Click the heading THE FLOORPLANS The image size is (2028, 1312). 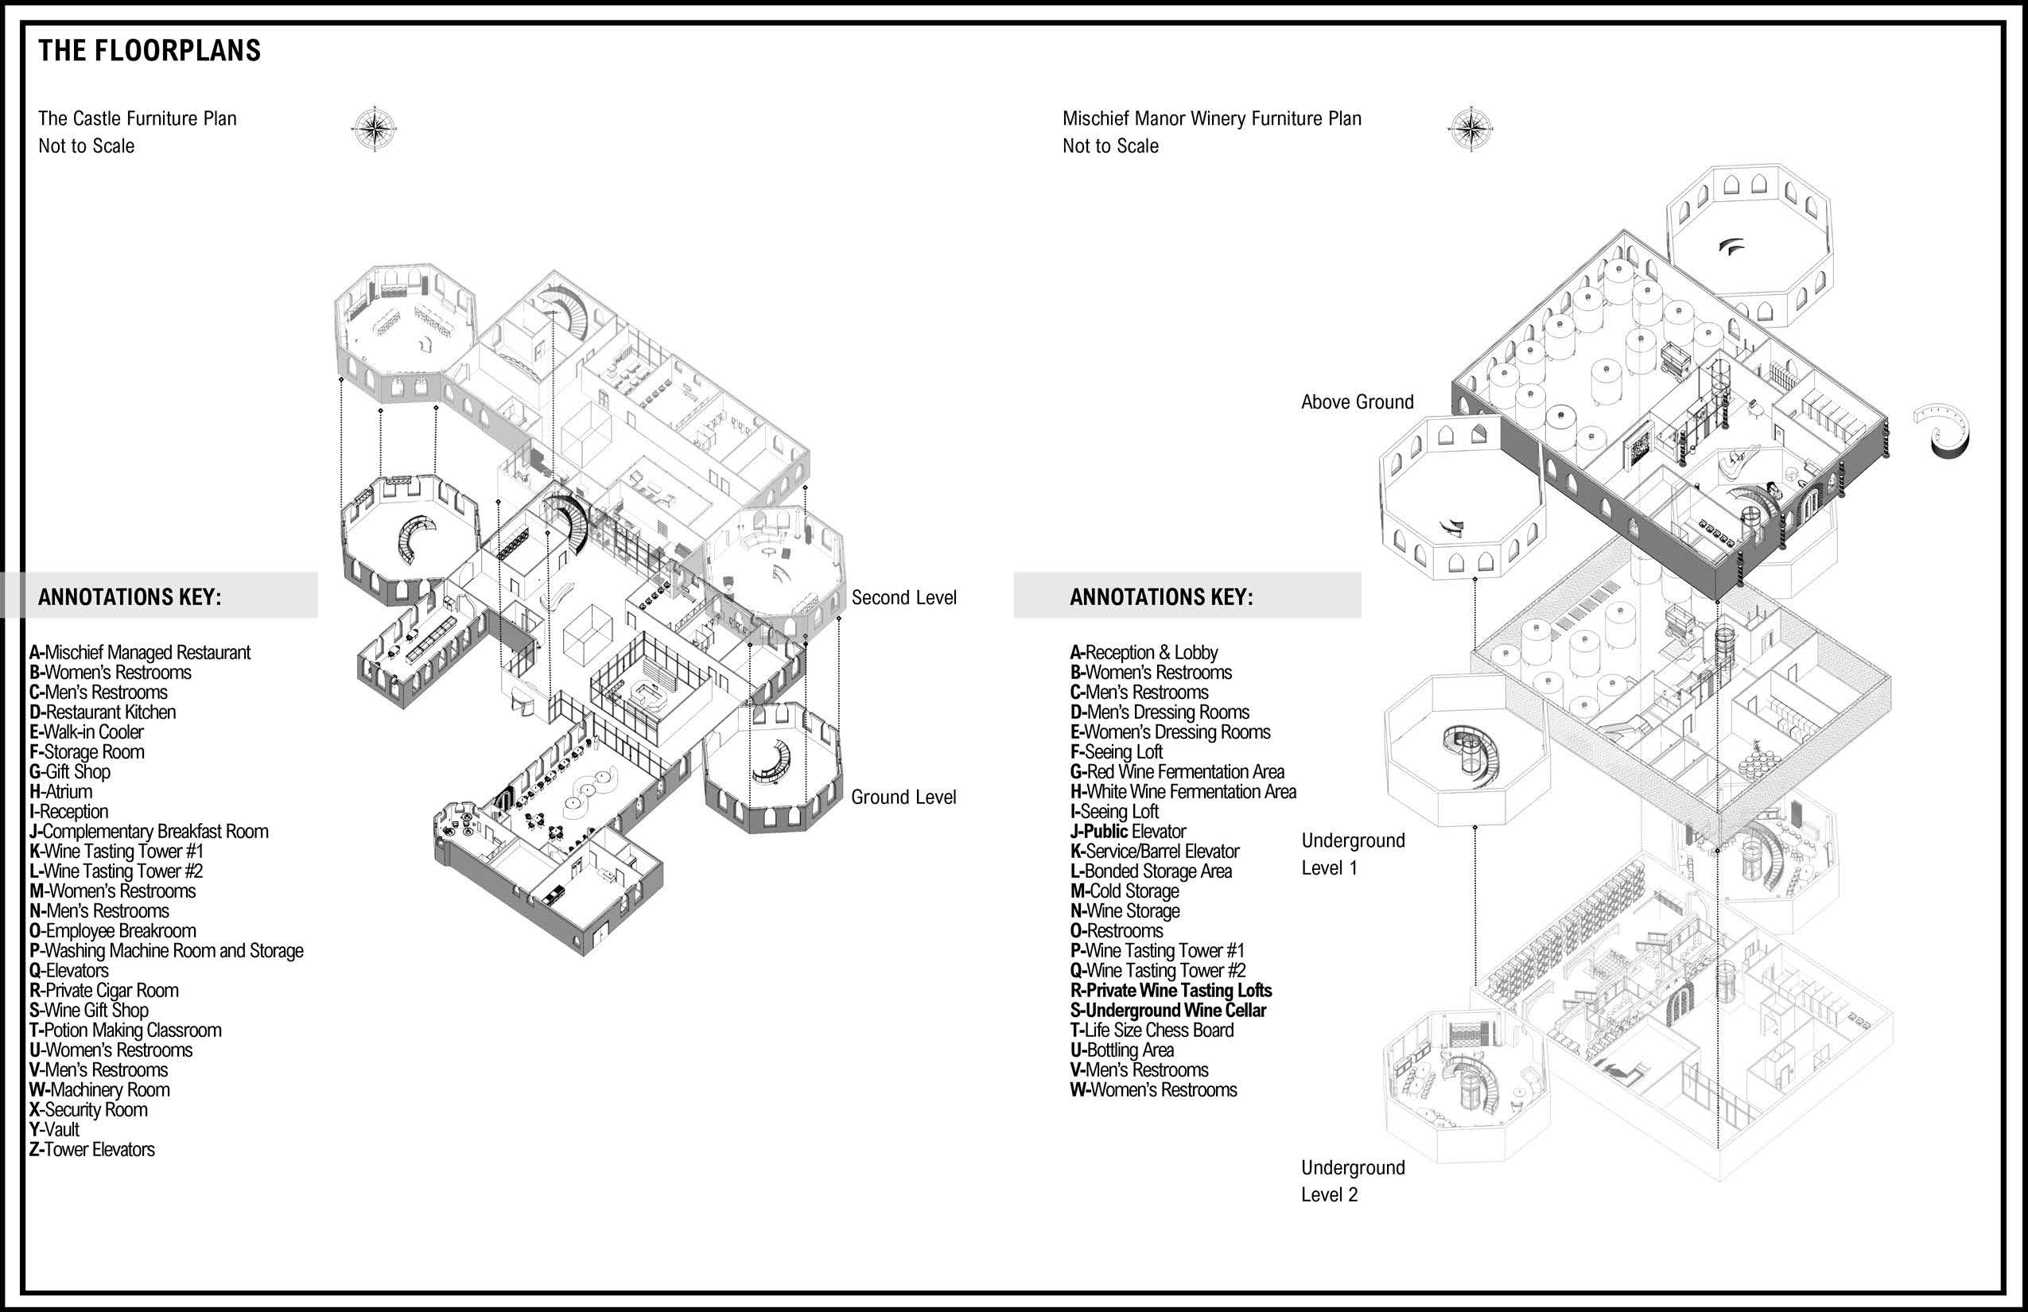[x=150, y=51]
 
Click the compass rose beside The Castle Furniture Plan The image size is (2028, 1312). [x=374, y=130]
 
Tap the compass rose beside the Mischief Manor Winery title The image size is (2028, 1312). [x=1470, y=130]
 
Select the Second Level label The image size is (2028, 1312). [x=903, y=598]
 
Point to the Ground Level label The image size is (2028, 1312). [x=903, y=798]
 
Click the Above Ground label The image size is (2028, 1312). [x=1357, y=402]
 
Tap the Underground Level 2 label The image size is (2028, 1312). [x=1352, y=1181]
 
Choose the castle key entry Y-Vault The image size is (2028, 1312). [x=55, y=1130]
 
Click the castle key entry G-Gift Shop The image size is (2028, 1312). [x=70, y=772]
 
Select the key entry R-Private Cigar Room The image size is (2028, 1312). [x=104, y=991]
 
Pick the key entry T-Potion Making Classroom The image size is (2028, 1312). [x=126, y=1030]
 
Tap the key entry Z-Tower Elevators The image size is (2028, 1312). [x=92, y=1149]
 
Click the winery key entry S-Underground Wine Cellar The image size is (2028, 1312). [x=1168, y=1011]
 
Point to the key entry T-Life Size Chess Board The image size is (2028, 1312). [x=1152, y=1030]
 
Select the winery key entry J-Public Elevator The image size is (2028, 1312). [x=1129, y=832]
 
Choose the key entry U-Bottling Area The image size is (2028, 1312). [x=1122, y=1050]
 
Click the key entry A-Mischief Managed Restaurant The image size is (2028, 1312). [x=140, y=653]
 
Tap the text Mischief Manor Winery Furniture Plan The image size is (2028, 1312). [x=1212, y=118]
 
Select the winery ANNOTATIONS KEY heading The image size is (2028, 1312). [x=1161, y=596]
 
